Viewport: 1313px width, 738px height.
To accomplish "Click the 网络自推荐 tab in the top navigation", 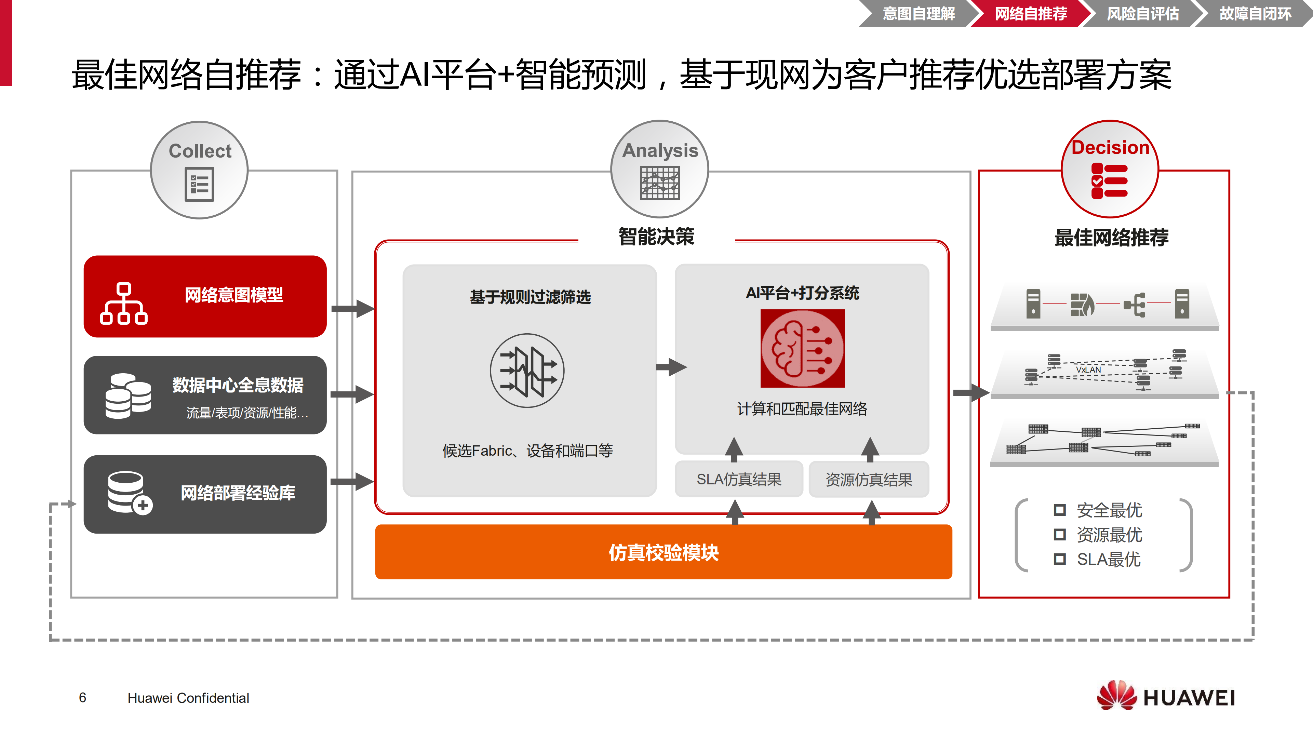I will coord(1031,14).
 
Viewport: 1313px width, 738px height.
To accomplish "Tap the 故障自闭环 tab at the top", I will coord(1255,14).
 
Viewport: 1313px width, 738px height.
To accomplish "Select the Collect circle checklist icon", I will coord(199,185).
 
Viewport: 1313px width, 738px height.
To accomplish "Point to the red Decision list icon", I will coord(1109,181).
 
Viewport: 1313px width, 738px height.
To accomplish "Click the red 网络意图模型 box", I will coord(205,296).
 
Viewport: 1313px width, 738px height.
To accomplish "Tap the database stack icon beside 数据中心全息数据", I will coord(128,396).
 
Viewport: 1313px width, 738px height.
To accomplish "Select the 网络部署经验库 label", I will coord(238,493).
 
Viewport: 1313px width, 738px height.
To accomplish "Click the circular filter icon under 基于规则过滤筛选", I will coord(527,371).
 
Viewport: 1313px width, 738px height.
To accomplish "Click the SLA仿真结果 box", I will coord(739,479).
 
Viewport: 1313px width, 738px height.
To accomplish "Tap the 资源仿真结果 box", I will coord(869,479).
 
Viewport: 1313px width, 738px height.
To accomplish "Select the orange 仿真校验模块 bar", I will coord(663,552).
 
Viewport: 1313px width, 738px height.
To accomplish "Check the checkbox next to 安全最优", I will coord(1060,510).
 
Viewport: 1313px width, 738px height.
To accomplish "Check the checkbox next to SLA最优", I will coord(1060,559).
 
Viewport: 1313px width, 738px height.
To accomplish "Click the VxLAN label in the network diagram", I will coord(1088,370).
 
